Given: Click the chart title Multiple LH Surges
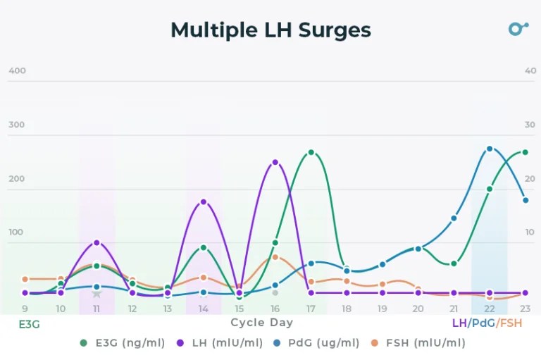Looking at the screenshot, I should tap(270, 30).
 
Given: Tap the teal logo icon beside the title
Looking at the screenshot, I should tap(518, 29).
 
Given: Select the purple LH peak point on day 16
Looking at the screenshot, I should tap(275, 162).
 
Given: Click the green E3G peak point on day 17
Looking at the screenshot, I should tap(311, 152).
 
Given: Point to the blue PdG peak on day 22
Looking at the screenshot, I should tap(490, 149).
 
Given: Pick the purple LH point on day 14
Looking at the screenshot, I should tap(204, 201).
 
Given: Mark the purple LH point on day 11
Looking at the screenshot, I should tap(97, 242).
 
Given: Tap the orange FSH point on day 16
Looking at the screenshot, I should tap(275, 257).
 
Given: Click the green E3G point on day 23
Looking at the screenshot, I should tap(525, 152).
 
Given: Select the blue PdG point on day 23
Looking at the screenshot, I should tap(525, 200).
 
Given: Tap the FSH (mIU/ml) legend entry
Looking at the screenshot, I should tap(418, 343).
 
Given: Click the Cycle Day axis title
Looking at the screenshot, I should tap(261, 323).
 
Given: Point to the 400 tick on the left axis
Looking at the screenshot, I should tap(17, 70).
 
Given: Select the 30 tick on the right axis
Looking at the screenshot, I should tap(530, 125).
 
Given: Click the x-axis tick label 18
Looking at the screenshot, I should tap(347, 309).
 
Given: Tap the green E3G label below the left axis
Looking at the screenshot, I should tap(29, 323).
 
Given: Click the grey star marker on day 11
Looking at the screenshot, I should tap(97, 293).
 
